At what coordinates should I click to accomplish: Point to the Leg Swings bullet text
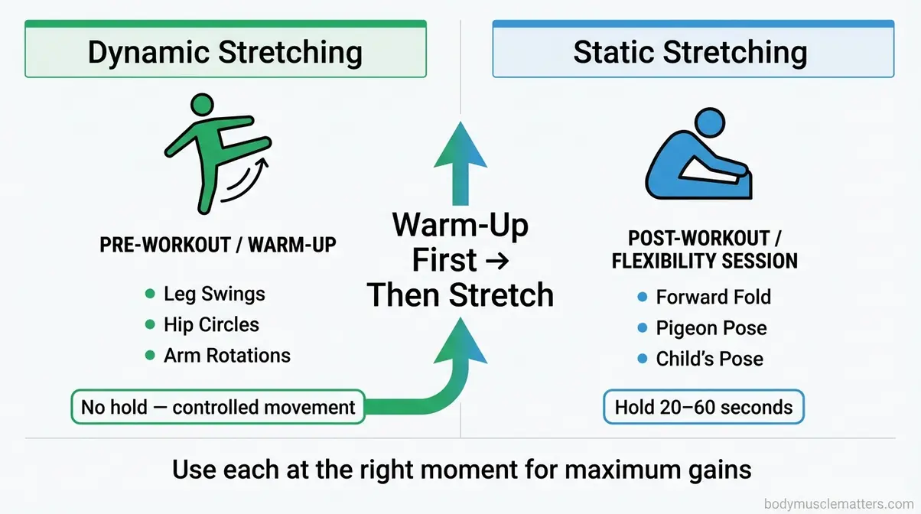pyautogui.click(x=214, y=294)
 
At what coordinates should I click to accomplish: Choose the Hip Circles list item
pyautogui.click(x=211, y=324)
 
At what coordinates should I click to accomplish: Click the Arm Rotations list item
pyautogui.click(x=226, y=355)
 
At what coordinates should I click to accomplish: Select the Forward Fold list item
pyautogui.click(x=713, y=297)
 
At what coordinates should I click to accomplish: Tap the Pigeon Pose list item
pyautogui.click(x=711, y=328)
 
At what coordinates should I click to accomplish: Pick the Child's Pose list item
pyautogui.click(x=709, y=359)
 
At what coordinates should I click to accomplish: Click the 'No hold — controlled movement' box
pyautogui.click(x=218, y=407)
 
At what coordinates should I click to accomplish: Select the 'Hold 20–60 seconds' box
pyautogui.click(x=704, y=407)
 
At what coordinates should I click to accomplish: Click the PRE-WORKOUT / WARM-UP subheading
pyautogui.click(x=217, y=245)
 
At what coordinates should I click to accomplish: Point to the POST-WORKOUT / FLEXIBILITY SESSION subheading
pyautogui.click(x=704, y=249)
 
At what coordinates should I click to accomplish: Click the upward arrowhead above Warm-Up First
pyautogui.click(x=460, y=148)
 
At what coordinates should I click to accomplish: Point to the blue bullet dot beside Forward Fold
pyautogui.click(x=643, y=298)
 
